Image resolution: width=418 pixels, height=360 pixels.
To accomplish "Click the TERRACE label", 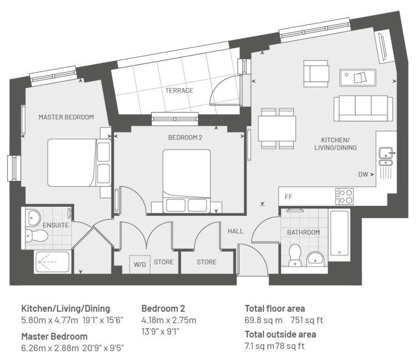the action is click(x=179, y=91).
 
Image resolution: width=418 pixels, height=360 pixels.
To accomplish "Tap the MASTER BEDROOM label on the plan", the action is click(x=66, y=117).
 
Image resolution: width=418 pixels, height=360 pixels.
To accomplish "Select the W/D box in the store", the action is click(x=140, y=264).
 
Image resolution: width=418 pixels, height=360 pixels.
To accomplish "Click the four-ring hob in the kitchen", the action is click(x=344, y=196).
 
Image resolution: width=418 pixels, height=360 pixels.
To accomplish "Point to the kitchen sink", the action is click(x=386, y=157).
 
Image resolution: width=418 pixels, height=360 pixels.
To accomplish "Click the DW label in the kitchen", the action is click(x=363, y=175).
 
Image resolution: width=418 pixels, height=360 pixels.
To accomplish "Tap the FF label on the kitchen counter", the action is click(x=289, y=197).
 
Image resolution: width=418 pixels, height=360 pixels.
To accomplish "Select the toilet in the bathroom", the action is click(x=295, y=255).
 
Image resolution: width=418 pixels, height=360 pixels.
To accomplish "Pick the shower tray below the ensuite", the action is click(x=52, y=262).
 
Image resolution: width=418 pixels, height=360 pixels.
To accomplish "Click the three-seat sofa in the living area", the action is click(x=363, y=108).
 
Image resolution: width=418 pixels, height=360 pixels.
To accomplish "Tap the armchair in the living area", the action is click(x=316, y=74).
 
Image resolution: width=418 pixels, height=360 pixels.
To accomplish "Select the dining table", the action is click(x=277, y=129).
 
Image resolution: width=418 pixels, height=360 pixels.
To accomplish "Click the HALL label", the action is click(x=235, y=231).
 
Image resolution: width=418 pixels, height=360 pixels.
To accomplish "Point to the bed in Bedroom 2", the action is click(x=186, y=181).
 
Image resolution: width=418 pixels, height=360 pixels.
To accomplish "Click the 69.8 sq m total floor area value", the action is click(x=263, y=320).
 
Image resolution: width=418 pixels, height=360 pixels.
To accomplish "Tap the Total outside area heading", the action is click(x=280, y=334).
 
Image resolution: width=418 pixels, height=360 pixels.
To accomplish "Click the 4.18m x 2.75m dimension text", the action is click(x=169, y=320).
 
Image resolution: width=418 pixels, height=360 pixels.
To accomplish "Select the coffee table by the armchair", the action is click(x=358, y=77).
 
